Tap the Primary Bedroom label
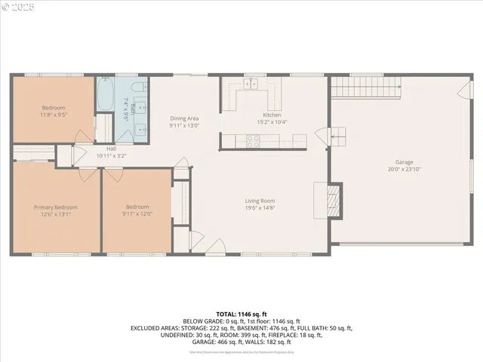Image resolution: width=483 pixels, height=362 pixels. (x=55, y=207)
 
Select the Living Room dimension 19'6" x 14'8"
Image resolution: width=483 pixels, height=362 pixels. (x=260, y=209)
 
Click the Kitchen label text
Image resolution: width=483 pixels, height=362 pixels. (x=271, y=115)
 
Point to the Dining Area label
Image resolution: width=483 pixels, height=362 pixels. (x=183, y=118)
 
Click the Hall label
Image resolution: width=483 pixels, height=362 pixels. (x=111, y=149)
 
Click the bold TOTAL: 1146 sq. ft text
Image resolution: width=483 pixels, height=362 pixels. (x=241, y=313)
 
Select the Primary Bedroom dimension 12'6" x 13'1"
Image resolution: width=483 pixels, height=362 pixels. (x=55, y=214)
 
